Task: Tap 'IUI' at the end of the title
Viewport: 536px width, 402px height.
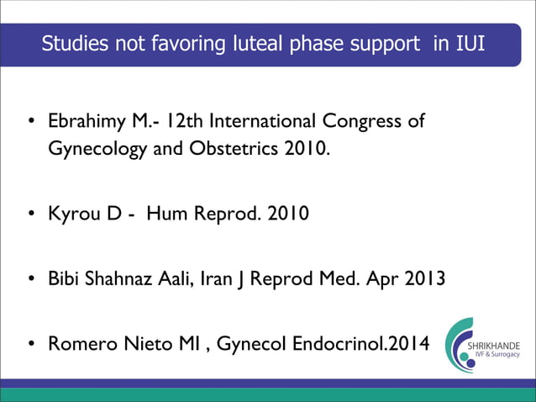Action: [x=470, y=43]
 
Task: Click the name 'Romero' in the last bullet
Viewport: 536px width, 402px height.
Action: [x=82, y=344]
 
